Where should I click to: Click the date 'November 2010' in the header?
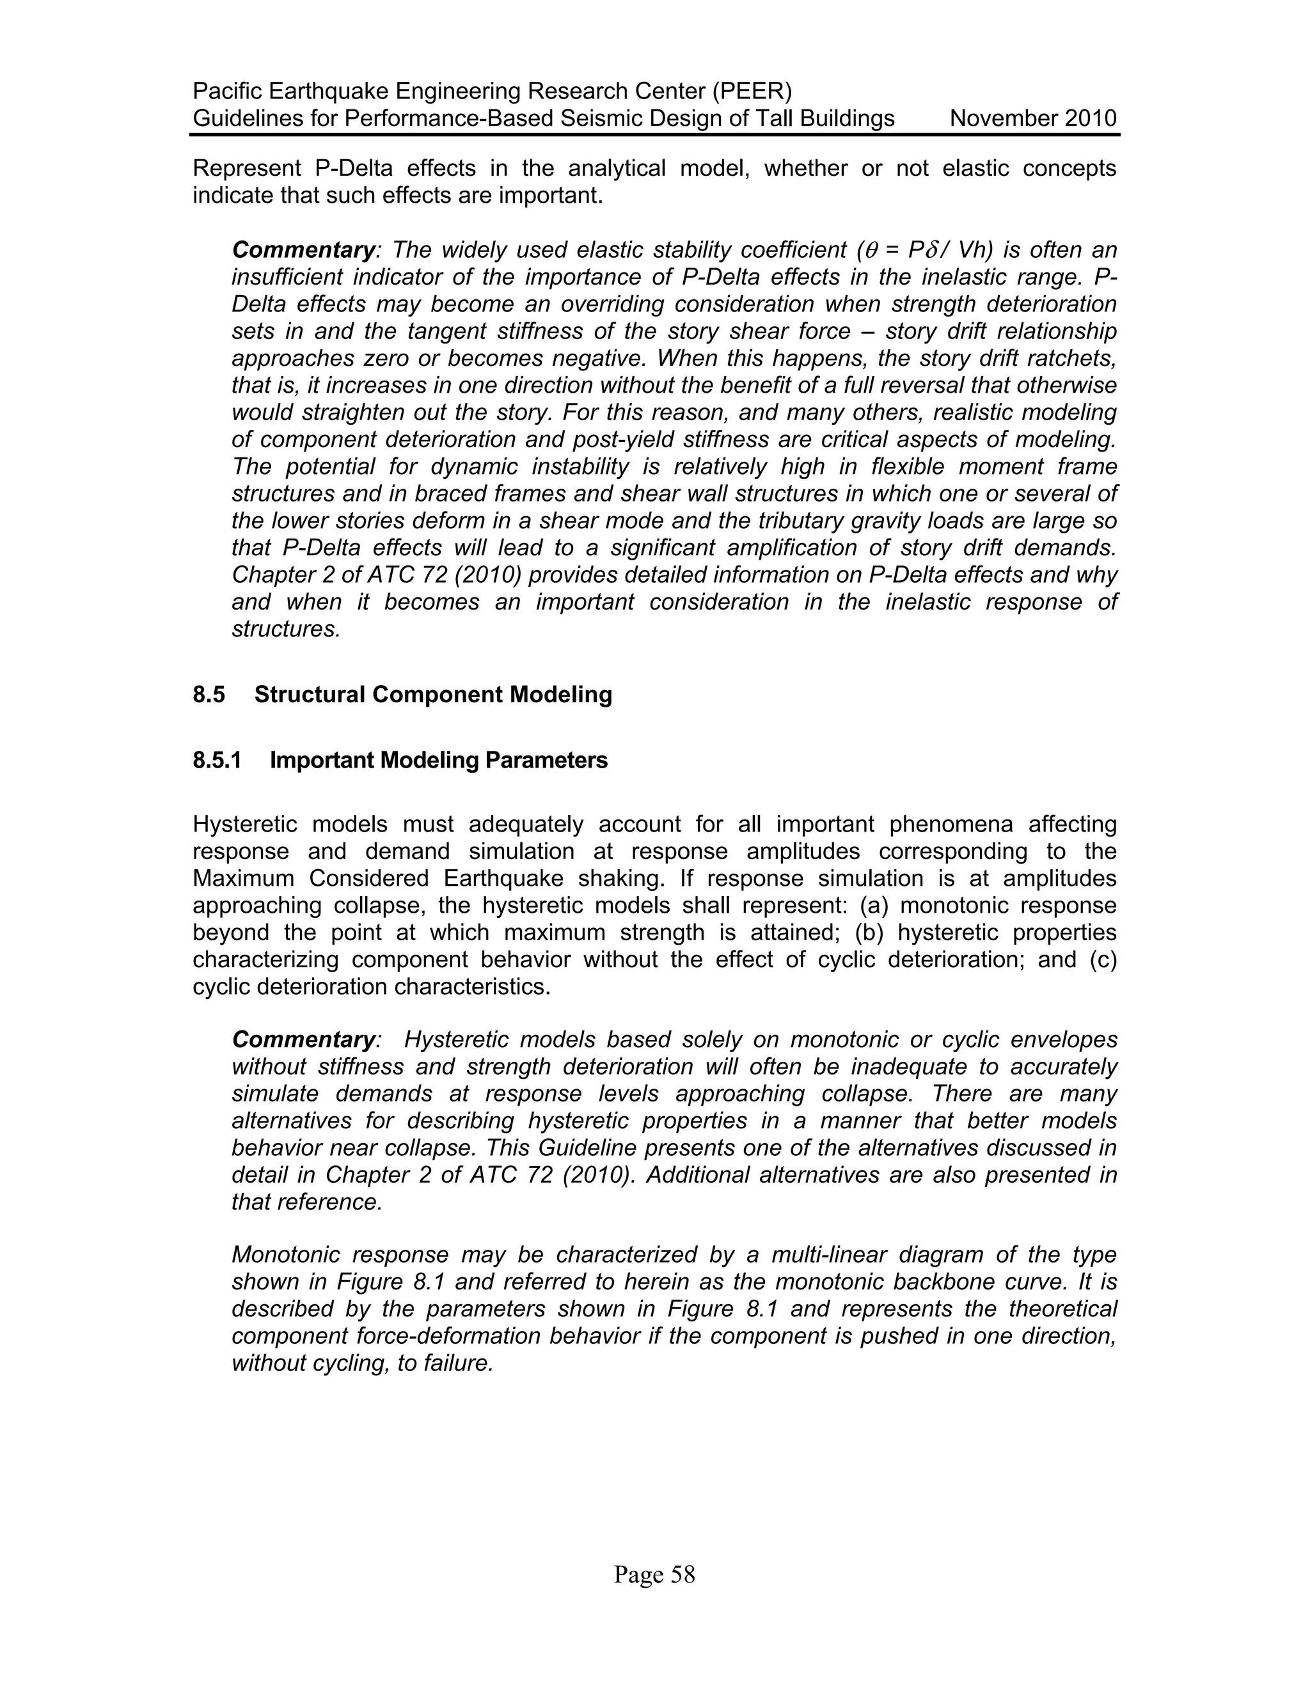[1033, 119]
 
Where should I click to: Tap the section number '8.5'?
[209, 695]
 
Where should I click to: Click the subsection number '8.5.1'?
[217, 761]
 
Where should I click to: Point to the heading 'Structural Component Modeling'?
[433, 695]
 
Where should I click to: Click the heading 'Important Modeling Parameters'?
[438, 761]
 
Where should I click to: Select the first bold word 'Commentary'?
[303, 250]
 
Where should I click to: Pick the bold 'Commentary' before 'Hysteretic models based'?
[303, 1039]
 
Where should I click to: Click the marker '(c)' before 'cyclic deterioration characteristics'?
[1103, 960]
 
